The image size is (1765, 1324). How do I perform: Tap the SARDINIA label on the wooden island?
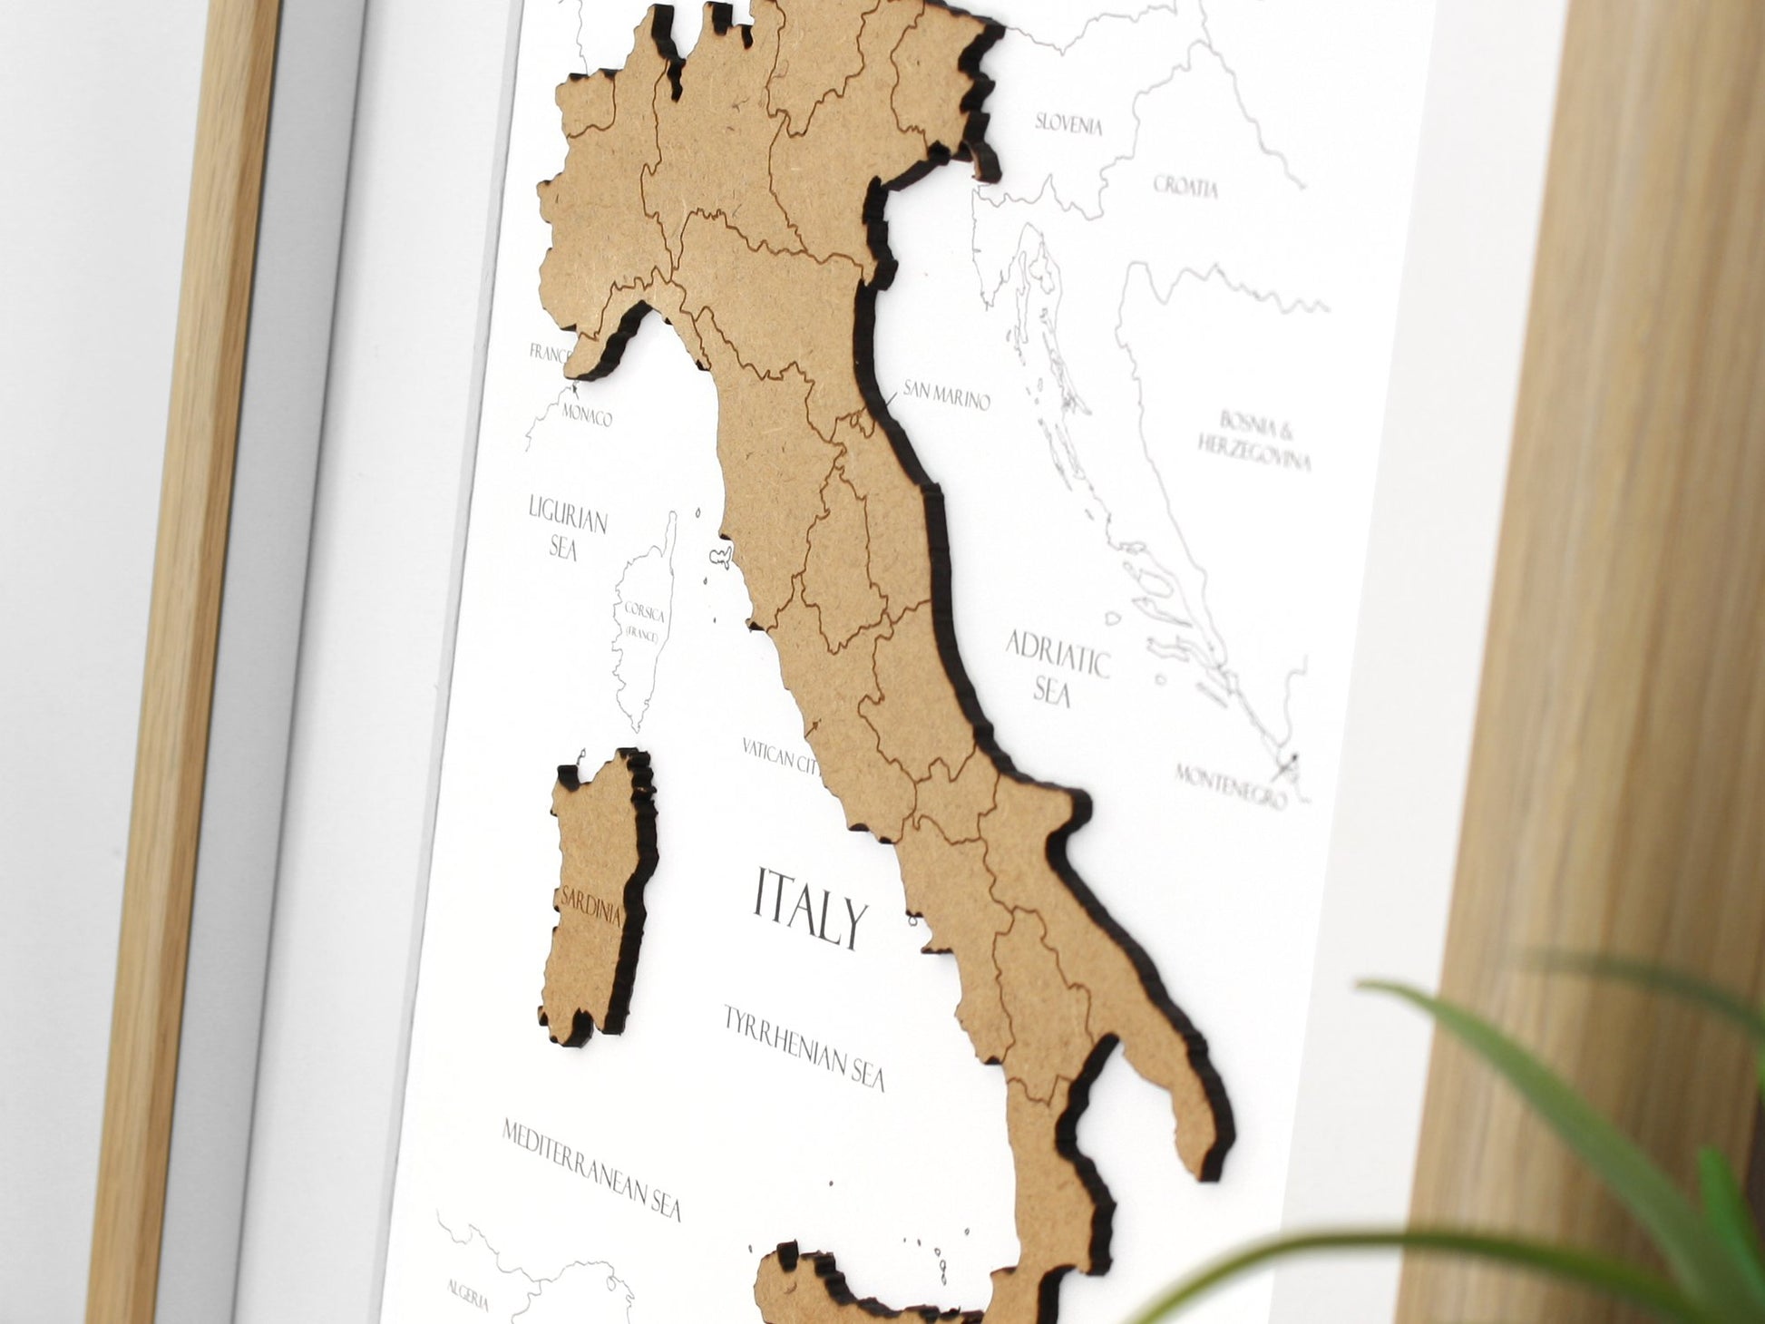click(x=591, y=903)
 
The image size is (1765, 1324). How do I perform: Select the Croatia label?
click(x=1185, y=187)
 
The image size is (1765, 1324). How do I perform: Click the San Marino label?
click(x=944, y=396)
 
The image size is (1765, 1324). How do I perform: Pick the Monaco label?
click(x=587, y=417)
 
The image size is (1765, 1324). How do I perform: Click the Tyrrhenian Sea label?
click(x=803, y=1047)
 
